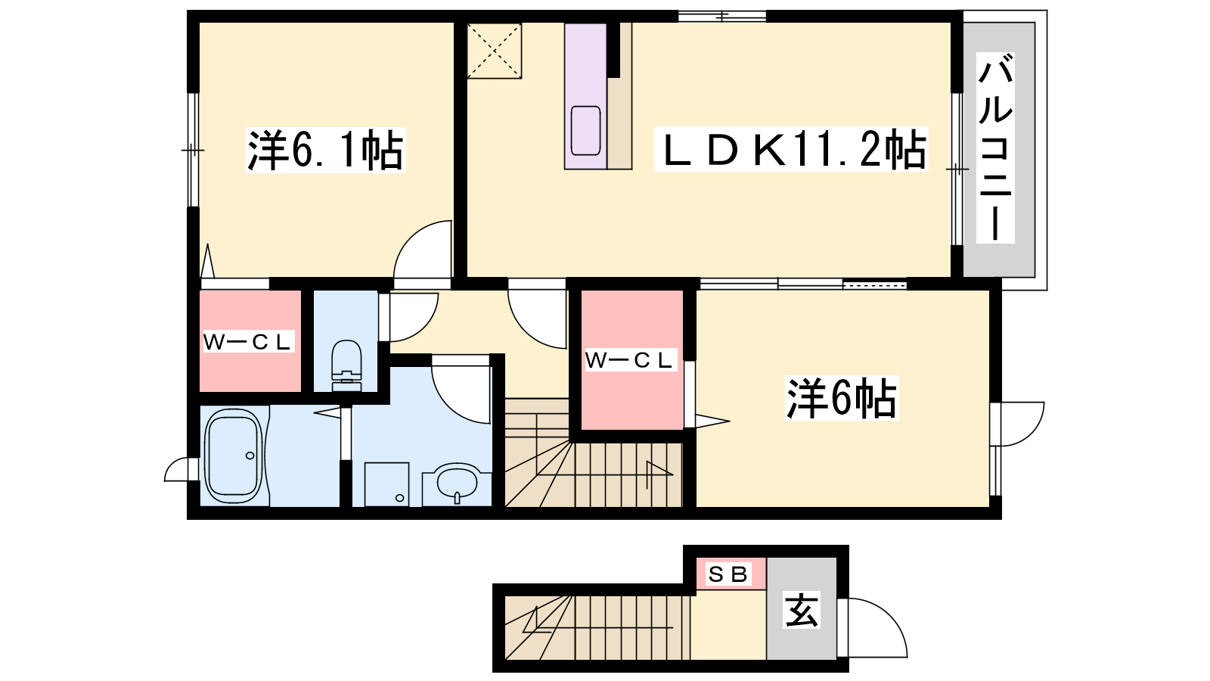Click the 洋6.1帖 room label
coord(325,150)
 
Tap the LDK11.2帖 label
coord(791,149)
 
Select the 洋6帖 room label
coord(841,398)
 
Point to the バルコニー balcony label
coord(995,148)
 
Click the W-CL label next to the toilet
coord(248,341)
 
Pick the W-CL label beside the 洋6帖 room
coord(631,360)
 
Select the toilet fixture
coord(346,365)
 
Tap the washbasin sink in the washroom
coord(458,484)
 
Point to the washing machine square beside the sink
coord(386,484)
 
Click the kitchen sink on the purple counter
coord(585,131)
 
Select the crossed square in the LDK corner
coord(495,51)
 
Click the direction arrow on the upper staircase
coord(659,475)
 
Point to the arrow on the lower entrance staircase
coord(535,621)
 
